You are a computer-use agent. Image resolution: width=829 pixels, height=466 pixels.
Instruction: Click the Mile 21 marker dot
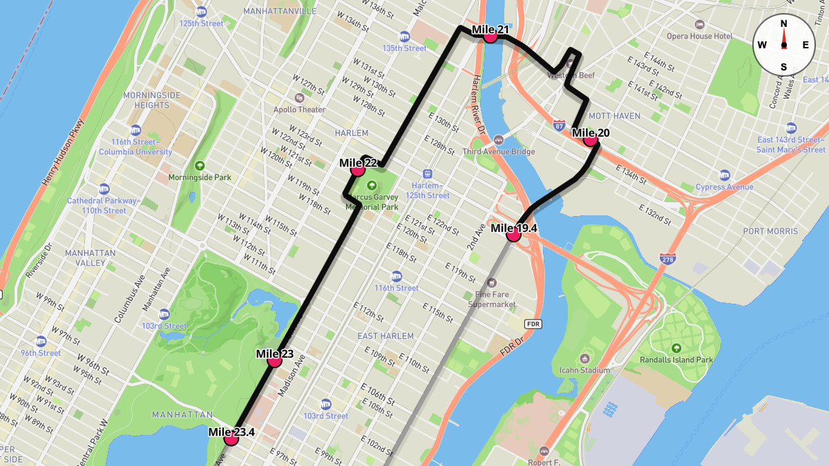coord(490,36)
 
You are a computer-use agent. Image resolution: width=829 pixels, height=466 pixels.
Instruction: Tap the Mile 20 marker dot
coord(590,139)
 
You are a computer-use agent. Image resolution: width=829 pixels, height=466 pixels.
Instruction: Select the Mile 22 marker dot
coord(358,169)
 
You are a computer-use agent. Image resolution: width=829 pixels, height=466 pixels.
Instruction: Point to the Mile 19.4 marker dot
coord(513,235)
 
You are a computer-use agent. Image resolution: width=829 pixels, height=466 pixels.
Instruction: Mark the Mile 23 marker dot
coord(274,360)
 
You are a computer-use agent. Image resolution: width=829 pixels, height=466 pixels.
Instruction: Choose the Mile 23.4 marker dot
coord(231,438)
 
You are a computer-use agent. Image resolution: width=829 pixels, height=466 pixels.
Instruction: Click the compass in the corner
coord(783,45)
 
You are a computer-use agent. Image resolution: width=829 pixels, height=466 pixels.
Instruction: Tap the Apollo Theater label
coord(299,109)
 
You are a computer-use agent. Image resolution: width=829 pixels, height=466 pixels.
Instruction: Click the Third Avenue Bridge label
coord(499,151)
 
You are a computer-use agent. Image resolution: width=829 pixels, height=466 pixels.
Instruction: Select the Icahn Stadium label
coord(584,370)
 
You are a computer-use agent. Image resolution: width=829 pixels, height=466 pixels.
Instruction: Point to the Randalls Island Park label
coord(676,360)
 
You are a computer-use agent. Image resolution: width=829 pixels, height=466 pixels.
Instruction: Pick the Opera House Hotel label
coord(699,36)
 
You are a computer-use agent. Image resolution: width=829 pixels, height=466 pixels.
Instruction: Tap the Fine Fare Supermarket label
coord(492,299)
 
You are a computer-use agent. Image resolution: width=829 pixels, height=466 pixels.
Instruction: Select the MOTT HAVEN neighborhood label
coord(614,116)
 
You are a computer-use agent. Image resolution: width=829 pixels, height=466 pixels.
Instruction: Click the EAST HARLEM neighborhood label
coord(385,336)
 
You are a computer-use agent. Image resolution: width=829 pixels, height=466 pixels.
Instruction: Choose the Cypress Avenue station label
coord(724,187)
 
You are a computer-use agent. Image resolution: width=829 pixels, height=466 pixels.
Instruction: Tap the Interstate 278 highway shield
coord(667,259)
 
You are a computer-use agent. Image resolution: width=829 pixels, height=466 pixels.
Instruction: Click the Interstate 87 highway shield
coord(559,126)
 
